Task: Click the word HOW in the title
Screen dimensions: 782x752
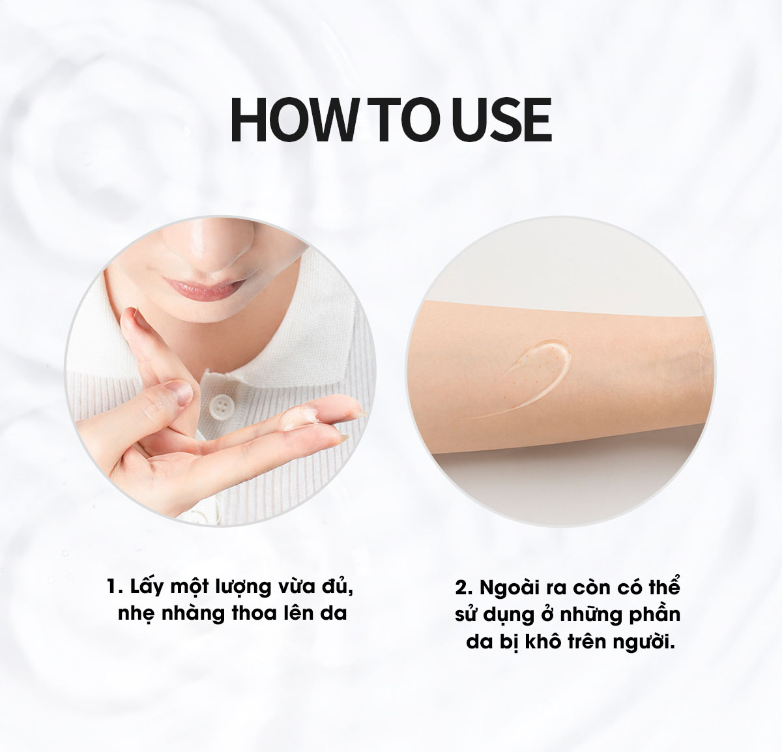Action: pyautogui.click(x=292, y=120)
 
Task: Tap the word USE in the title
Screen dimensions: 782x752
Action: pyautogui.click(x=504, y=120)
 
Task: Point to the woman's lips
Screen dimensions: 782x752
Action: pyautogui.click(x=204, y=287)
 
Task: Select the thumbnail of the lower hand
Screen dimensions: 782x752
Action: pyautogui.click(x=178, y=392)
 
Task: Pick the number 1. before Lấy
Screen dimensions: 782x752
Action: pyautogui.click(x=115, y=587)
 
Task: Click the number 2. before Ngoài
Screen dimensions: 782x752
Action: pyautogui.click(x=464, y=588)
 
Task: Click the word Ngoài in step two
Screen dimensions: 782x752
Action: pyautogui.click(x=510, y=588)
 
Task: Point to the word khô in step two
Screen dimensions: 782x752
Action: pyautogui.click(x=543, y=641)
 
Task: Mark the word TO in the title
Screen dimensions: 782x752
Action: pyautogui.click(x=405, y=120)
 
